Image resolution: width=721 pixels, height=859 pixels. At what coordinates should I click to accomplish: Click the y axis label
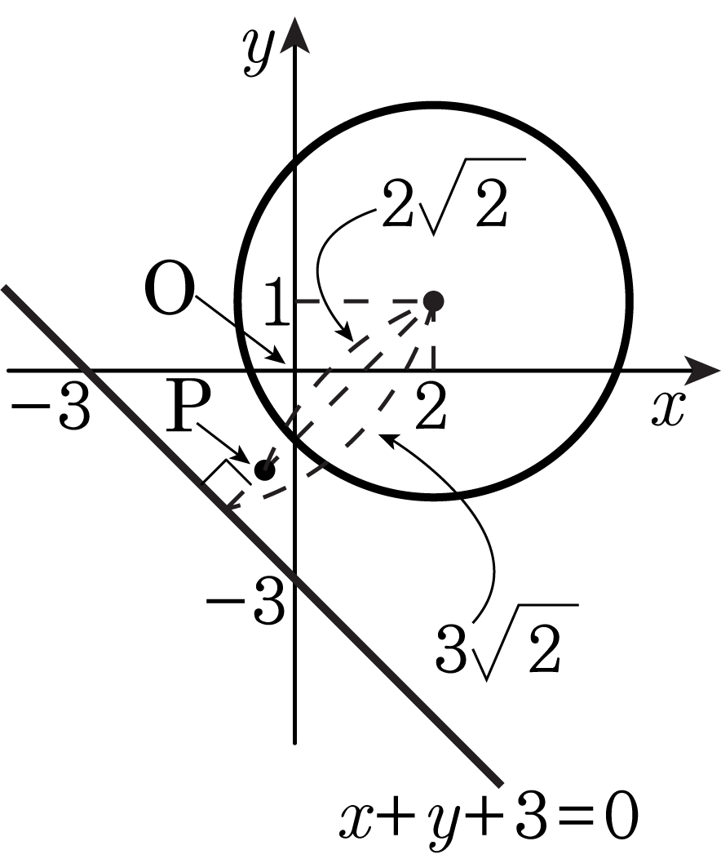[259, 53]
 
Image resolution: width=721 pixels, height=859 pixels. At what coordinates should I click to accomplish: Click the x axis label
[668, 409]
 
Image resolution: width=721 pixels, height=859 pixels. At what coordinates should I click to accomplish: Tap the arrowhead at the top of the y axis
[295, 35]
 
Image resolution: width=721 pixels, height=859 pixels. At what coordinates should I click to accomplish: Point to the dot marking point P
[264, 470]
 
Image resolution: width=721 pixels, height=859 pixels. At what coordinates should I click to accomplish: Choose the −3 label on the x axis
[51, 406]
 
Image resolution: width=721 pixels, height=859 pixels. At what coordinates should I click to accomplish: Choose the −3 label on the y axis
[245, 600]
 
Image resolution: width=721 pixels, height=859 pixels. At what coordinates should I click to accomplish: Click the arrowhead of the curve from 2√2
[345, 333]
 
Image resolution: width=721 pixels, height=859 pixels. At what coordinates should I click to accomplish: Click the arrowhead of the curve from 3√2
[387, 437]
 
